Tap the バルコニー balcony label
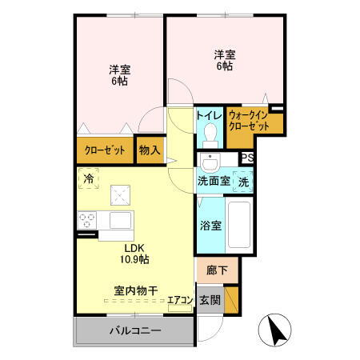pos(135,330)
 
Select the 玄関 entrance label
pos(210,300)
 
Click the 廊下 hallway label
pos(217,270)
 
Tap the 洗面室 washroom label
pos(214,182)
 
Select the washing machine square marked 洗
pos(244,182)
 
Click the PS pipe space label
pos(248,158)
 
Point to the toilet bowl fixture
pos(211,133)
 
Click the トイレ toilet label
pos(210,114)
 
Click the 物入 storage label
pos(150,150)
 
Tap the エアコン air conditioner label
pos(180,300)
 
